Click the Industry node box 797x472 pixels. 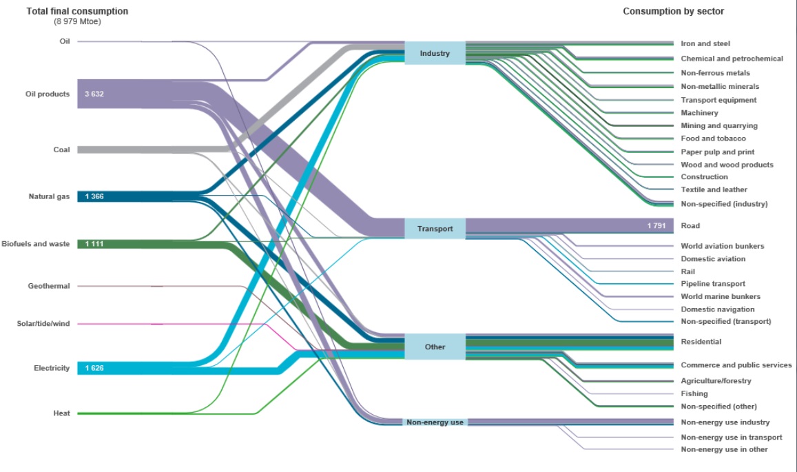[435, 53]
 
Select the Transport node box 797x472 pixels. [435, 228]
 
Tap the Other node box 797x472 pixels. [435, 347]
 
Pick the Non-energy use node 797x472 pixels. [435, 422]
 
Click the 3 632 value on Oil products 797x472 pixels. [94, 94]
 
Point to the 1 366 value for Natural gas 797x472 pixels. [94, 197]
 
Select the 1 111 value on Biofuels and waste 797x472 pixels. [94, 244]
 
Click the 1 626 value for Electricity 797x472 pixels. [94, 368]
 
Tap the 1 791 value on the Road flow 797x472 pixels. [659, 225]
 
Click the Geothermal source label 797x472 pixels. [49, 286]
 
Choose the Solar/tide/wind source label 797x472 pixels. [43, 324]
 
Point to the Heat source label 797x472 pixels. [61, 413]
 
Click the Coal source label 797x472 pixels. [61, 150]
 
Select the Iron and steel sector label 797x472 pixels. [705, 43]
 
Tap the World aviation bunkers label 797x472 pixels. [722, 246]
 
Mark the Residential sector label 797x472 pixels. [701, 342]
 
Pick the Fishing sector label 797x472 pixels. [694, 393]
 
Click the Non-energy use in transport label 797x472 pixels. [731, 437]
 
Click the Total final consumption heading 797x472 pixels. [77, 12]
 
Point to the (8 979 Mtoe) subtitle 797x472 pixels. [77, 22]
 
